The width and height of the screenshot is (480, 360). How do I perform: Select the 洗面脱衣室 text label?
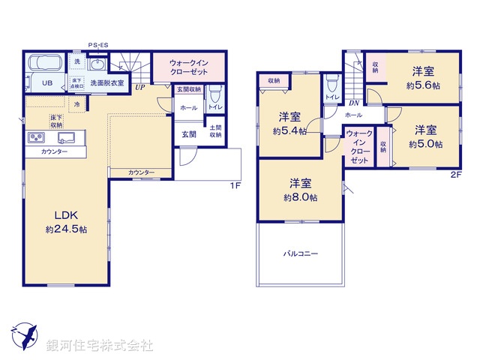(x=106, y=82)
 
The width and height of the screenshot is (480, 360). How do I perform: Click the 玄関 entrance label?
(x=189, y=134)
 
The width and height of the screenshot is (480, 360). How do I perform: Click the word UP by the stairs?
(x=139, y=88)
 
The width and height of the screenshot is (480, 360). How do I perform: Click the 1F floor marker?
(x=235, y=185)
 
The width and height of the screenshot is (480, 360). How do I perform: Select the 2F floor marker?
(x=455, y=175)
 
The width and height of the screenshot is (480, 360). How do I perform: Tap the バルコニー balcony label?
(x=300, y=254)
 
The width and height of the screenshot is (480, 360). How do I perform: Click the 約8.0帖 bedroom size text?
(x=300, y=198)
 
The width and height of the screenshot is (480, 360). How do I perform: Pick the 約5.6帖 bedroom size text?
(x=422, y=86)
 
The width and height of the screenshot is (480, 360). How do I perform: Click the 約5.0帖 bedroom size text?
(x=425, y=144)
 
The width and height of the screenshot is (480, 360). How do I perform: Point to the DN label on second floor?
(x=354, y=103)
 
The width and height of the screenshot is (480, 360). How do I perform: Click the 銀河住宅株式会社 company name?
(x=100, y=346)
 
